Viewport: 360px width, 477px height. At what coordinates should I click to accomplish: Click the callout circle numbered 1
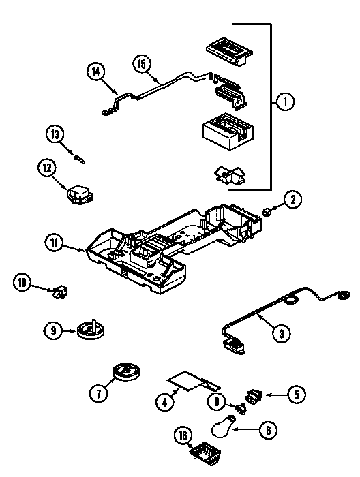click(285, 102)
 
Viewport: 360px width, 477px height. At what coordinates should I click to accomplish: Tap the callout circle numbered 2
click(292, 200)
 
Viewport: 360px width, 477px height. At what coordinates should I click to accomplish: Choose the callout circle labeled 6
click(268, 430)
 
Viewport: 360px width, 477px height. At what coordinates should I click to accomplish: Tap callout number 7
click(99, 393)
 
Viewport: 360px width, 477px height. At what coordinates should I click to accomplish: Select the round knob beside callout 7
click(127, 372)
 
